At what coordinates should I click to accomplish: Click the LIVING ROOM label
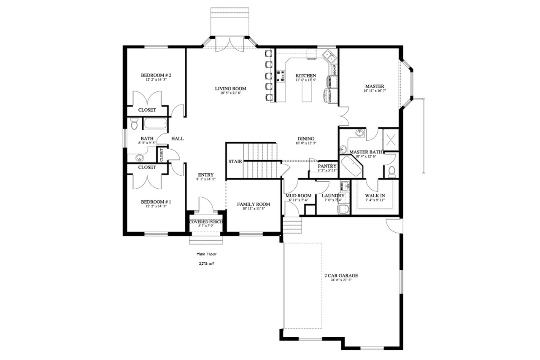230,89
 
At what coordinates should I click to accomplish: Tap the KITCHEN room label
305,76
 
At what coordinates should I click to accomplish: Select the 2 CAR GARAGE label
341,276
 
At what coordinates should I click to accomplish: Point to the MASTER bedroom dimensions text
374,91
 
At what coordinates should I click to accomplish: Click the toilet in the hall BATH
135,124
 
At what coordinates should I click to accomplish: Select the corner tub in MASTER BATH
352,167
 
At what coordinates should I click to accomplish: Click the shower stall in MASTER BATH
390,138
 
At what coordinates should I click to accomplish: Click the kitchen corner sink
328,56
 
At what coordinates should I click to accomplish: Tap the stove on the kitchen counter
280,76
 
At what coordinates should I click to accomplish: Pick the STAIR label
235,161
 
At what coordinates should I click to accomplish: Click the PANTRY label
327,166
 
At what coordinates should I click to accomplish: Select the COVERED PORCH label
206,222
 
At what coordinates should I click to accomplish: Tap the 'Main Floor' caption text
206,254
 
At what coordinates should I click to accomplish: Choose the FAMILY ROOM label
253,204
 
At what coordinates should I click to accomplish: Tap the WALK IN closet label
374,196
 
